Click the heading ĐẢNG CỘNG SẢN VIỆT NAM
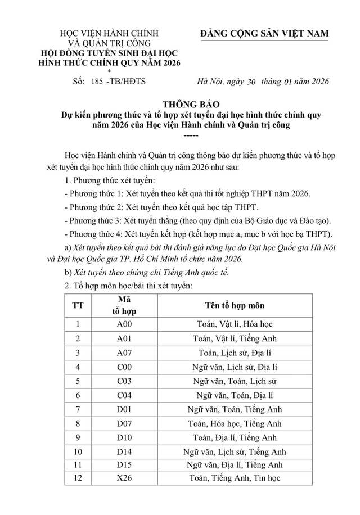264,34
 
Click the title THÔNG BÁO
179,104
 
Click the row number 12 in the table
78,479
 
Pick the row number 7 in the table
78,409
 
